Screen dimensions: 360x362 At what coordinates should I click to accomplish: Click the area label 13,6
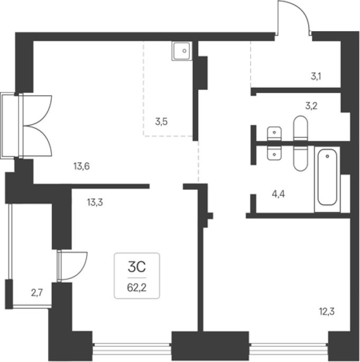tap(81, 166)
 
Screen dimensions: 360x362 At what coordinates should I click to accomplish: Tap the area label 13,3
tap(95, 202)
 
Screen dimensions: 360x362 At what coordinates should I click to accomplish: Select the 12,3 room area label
tap(327, 312)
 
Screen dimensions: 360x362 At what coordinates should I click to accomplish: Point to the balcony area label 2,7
tap(37, 293)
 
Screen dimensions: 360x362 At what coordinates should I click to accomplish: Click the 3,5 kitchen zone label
tap(161, 122)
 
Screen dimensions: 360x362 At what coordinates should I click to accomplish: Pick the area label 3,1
tap(316, 76)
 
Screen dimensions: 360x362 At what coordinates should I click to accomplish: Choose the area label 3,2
tap(311, 106)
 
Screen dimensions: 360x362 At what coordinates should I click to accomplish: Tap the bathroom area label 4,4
tap(278, 194)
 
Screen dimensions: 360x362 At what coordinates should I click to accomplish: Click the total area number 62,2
tap(137, 287)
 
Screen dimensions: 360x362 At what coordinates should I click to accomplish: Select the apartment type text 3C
tap(137, 267)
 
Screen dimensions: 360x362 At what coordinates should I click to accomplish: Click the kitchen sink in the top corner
tap(182, 51)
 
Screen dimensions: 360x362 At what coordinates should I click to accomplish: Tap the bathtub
tap(327, 177)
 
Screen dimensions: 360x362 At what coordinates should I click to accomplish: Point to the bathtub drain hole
tap(327, 156)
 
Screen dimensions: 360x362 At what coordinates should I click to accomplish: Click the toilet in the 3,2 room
tap(300, 128)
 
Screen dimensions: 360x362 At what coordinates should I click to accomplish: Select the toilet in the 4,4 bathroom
tap(300, 159)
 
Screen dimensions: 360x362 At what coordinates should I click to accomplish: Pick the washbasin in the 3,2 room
tap(274, 134)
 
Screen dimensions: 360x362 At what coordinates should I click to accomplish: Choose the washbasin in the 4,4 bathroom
tap(274, 153)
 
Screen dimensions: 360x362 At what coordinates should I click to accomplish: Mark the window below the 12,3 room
tap(289, 349)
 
